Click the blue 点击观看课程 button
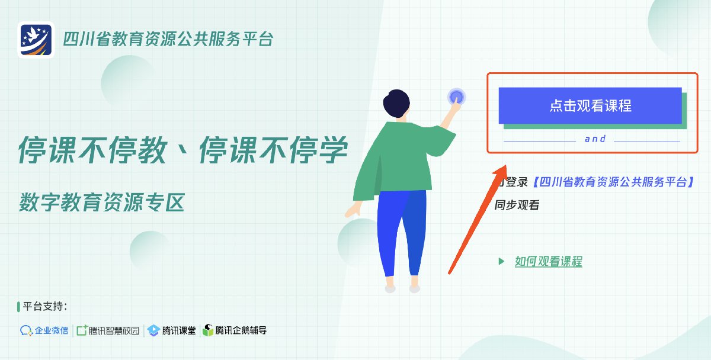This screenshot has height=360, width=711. [590, 105]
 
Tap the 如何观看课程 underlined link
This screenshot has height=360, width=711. [549, 262]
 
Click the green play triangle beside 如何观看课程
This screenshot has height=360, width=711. [501, 261]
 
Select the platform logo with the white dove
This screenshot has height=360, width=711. [36, 40]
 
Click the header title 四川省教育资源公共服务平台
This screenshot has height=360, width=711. [168, 39]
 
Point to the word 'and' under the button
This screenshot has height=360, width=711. [595, 139]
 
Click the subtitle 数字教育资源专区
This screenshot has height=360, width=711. [102, 202]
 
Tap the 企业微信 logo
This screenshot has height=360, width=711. [44, 330]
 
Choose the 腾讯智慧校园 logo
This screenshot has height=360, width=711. [108, 330]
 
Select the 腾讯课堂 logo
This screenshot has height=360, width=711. [172, 330]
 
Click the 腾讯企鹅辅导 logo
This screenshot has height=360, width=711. [235, 330]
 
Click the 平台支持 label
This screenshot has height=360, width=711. [45, 306]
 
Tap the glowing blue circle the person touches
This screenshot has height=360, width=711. [456, 97]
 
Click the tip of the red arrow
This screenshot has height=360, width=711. [506, 165]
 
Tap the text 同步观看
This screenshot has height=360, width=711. [517, 205]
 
